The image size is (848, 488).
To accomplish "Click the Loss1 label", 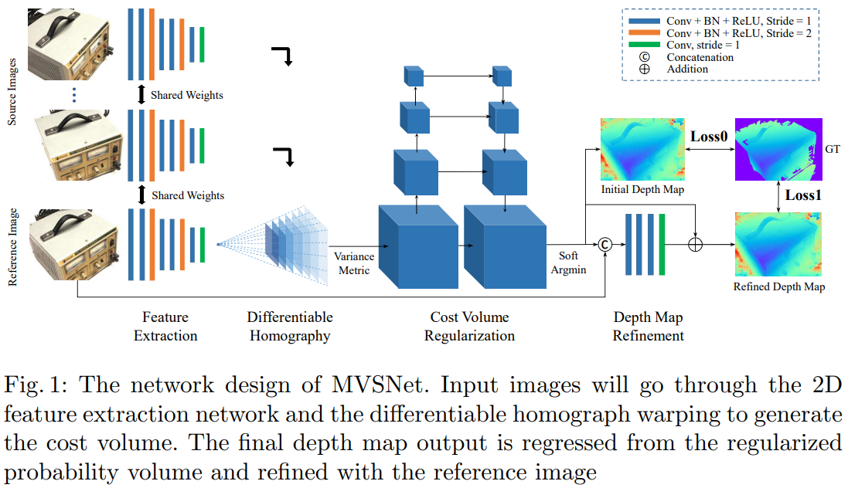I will pyautogui.click(x=802, y=195).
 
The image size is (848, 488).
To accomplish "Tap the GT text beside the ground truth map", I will pyautogui.click(x=833, y=147).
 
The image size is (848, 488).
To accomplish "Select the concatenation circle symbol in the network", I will pyautogui.click(x=606, y=245).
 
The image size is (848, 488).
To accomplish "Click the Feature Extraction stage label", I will pyautogui.click(x=165, y=326).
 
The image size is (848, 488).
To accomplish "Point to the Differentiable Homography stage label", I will pyautogui.click(x=290, y=326).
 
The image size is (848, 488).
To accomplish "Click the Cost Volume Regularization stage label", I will pyautogui.click(x=469, y=326).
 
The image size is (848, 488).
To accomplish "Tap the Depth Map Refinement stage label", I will pyautogui.click(x=648, y=326).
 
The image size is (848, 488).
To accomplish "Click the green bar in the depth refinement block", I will pyautogui.click(x=662, y=245).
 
